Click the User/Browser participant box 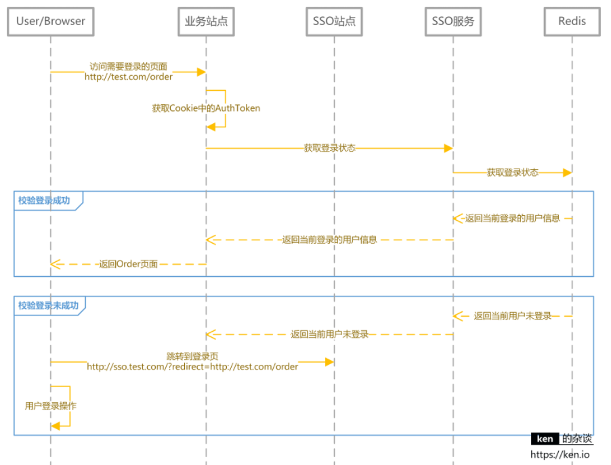50,21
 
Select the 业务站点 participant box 206,21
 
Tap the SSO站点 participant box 333,21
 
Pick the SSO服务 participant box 453,21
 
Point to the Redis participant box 572,21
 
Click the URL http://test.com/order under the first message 129,77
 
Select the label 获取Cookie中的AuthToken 206,108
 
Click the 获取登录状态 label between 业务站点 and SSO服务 329,148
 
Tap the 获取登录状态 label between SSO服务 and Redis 513,173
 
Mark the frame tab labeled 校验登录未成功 49,305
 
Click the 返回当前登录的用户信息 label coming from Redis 513,219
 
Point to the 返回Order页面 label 128,264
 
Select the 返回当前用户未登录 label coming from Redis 513,316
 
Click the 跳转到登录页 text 192,357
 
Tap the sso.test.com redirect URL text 192,367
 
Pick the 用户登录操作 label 50,406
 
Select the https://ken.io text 560,455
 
